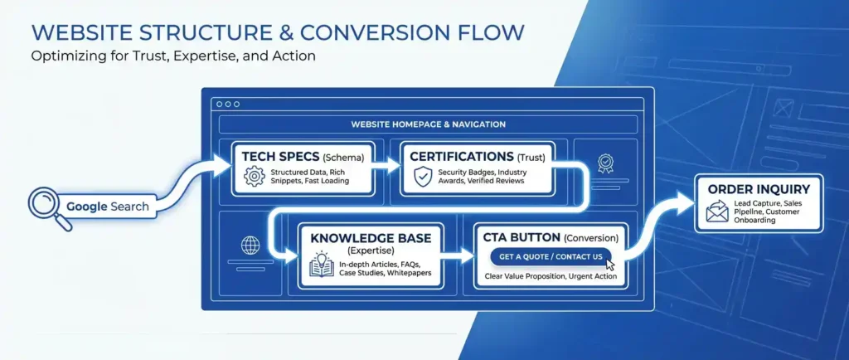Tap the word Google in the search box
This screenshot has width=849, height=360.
(86, 207)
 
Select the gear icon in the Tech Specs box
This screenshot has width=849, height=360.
(254, 176)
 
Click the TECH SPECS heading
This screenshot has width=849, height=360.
(268, 156)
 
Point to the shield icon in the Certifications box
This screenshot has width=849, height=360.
(423, 176)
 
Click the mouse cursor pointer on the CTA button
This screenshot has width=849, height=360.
(611, 264)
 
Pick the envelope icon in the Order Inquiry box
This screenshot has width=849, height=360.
(716, 214)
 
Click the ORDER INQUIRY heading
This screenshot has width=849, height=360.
(759, 189)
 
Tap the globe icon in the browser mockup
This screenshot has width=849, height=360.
(250, 246)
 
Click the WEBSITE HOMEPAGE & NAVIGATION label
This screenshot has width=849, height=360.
(428, 124)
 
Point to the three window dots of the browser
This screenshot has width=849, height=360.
(226, 105)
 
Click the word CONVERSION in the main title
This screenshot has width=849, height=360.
(374, 32)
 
